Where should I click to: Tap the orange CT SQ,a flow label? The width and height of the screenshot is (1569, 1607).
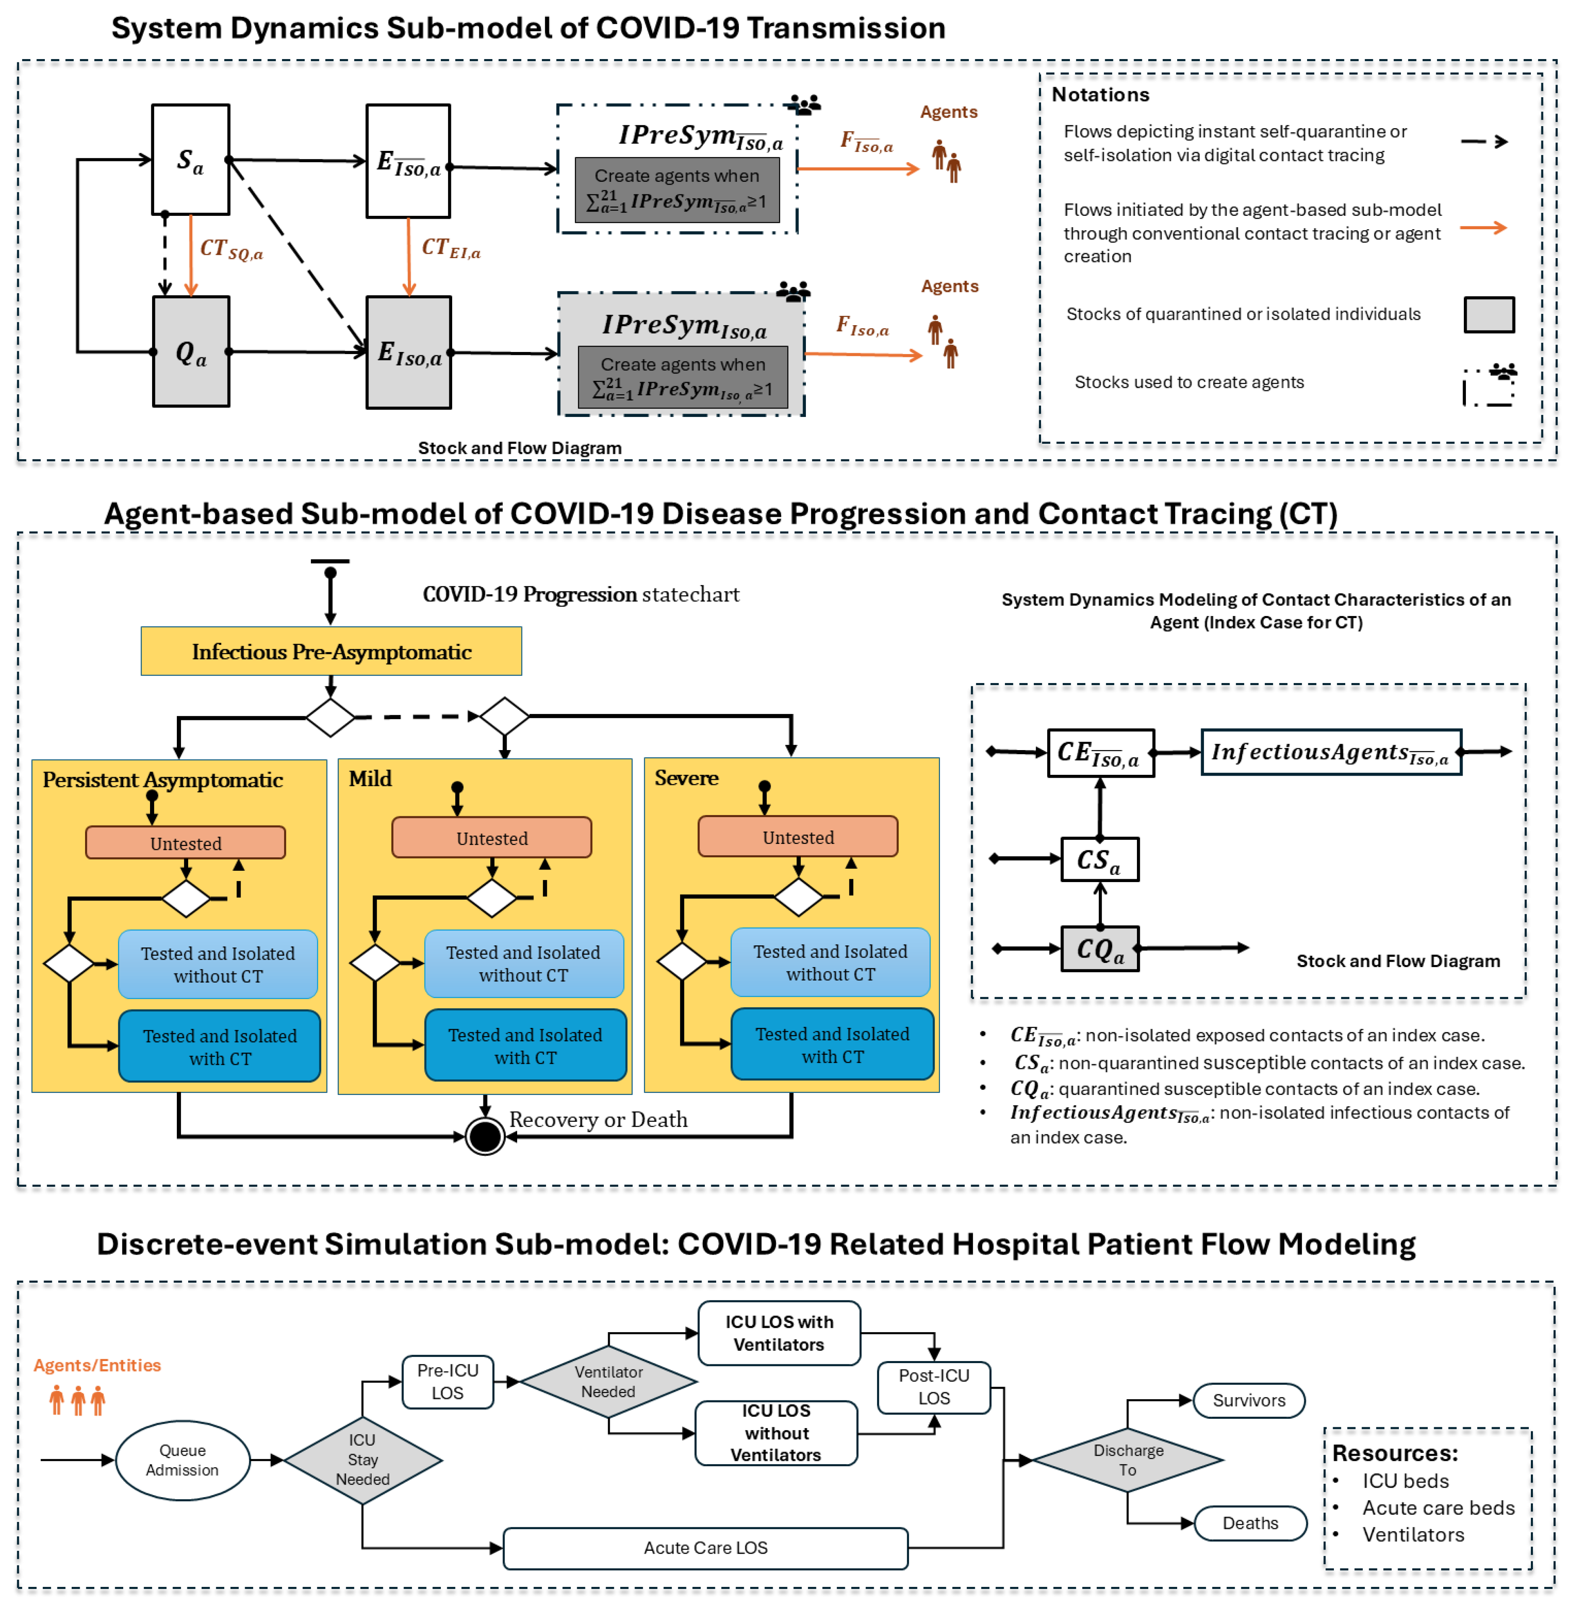click(232, 249)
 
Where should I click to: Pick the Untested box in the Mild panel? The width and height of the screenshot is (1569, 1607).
click(492, 838)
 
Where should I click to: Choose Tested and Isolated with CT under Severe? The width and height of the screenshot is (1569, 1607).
click(832, 1045)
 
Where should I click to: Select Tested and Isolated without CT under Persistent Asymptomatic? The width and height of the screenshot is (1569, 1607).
click(217, 964)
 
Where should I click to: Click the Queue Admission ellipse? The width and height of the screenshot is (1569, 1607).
click(183, 1460)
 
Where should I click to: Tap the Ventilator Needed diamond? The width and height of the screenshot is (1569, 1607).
click(608, 1382)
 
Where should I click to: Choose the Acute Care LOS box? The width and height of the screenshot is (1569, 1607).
click(705, 1548)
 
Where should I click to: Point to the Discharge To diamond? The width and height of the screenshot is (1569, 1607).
click(1128, 1460)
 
